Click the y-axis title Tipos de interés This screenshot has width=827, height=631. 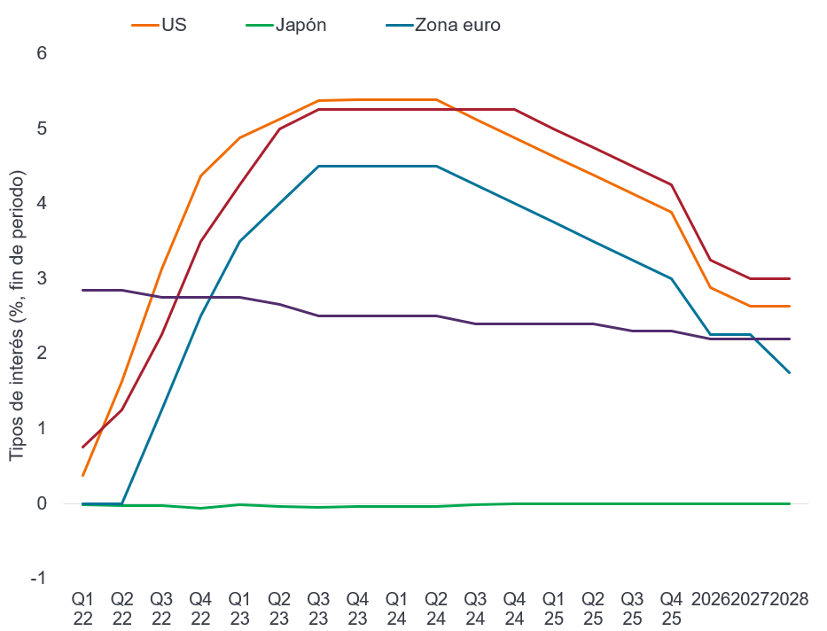click(x=17, y=315)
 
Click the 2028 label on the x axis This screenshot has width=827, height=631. click(x=789, y=599)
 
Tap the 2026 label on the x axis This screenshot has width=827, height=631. click(x=711, y=599)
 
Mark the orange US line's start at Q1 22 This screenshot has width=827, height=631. click(x=82, y=476)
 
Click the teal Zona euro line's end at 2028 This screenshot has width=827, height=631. click(x=789, y=372)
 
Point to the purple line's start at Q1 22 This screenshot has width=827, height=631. click(x=82, y=290)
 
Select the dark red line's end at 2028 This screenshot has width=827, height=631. click(x=789, y=278)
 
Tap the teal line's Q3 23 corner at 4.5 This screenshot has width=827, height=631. click(x=318, y=166)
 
